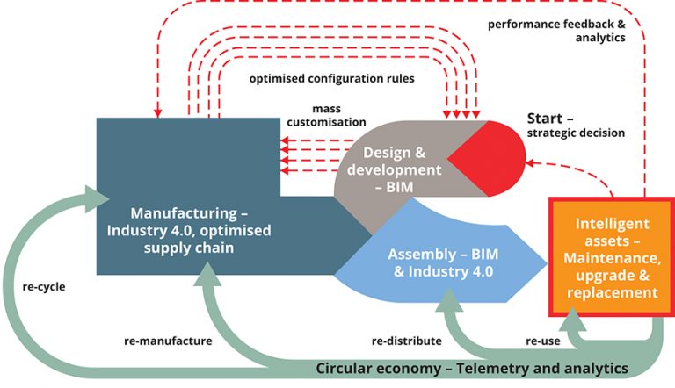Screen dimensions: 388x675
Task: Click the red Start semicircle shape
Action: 493,158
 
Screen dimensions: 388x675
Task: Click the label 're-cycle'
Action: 43,285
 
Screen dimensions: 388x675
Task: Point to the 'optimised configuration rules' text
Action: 337,78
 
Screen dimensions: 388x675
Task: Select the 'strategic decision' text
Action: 576,133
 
